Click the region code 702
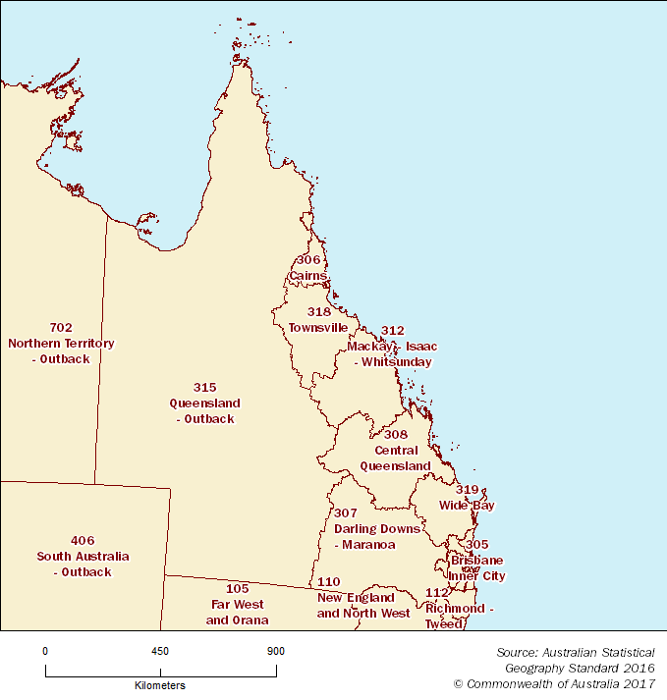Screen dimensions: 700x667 (x=61, y=327)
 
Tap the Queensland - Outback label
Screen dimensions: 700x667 (x=204, y=411)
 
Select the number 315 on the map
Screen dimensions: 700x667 (x=204, y=388)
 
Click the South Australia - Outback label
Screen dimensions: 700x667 (x=83, y=564)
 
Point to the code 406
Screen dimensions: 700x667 (x=83, y=540)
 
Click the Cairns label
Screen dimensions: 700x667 (x=308, y=276)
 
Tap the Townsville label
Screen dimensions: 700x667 (x=318, y=327)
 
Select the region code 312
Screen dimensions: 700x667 (x=392, y=331)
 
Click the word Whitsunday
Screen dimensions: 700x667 (x=396, y=362)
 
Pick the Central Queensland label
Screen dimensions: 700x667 (x=395, y=458)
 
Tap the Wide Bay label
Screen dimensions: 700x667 (x=467, y=506)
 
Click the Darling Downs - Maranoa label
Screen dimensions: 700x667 (x=376, y=536)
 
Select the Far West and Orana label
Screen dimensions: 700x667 (x=237, y=612)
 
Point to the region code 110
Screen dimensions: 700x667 (x=329, y=582)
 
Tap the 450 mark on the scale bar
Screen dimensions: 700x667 (x=160, y=651)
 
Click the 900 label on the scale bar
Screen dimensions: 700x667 (x=276, y=651)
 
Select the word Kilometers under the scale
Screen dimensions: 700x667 (x=160, y=685)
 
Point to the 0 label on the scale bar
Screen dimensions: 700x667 (x=45, y=651)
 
